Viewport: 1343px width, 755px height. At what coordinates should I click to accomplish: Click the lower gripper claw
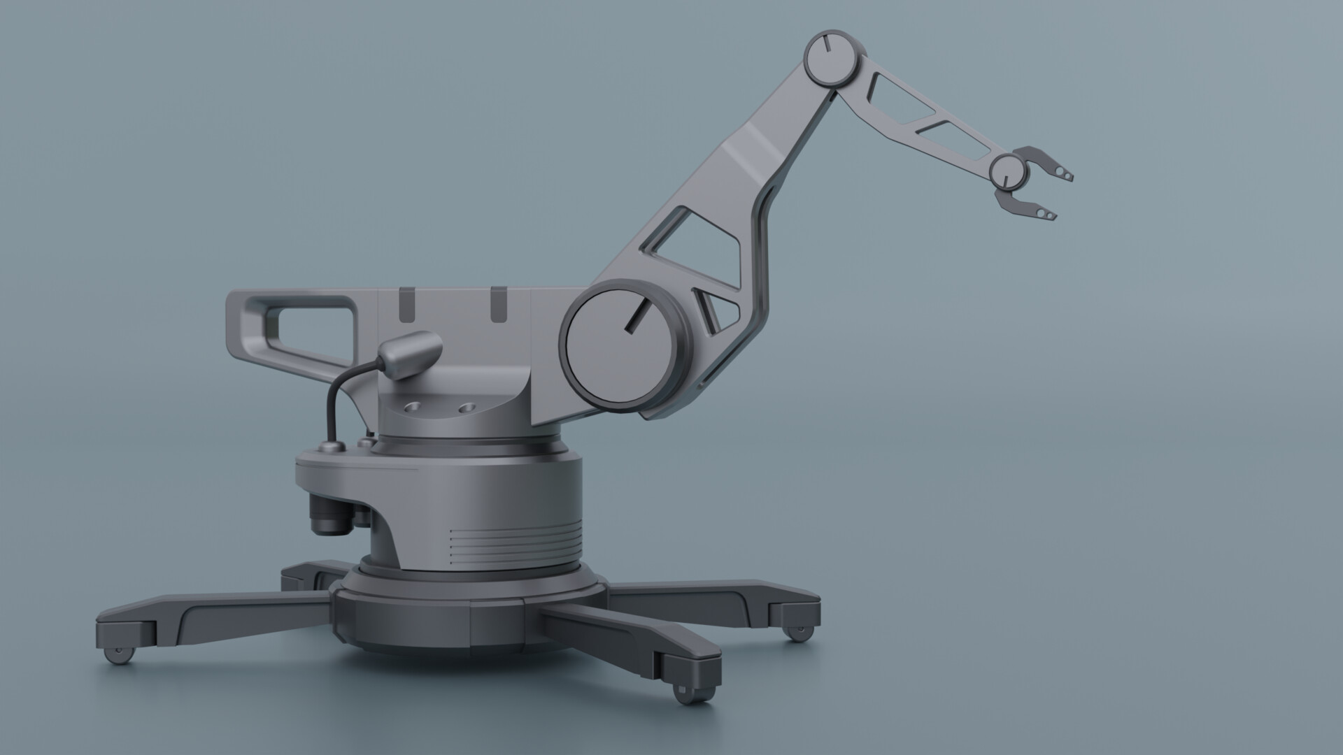(x=1028, y=206)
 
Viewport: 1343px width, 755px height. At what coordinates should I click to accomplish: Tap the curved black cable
(x=334, y=398)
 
